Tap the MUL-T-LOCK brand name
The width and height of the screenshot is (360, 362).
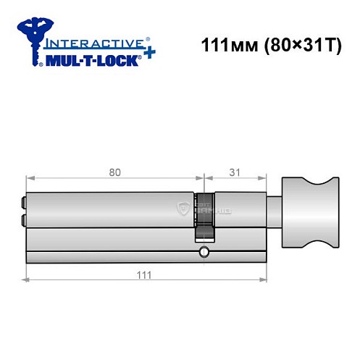point(88,62)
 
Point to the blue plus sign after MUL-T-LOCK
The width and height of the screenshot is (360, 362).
point(147,56)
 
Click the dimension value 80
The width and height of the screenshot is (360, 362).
point(114,172)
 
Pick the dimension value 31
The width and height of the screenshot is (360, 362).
point(232,172)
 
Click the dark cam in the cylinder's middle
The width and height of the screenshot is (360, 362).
point(206,216)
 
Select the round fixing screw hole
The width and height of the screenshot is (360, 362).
point(204,252)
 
